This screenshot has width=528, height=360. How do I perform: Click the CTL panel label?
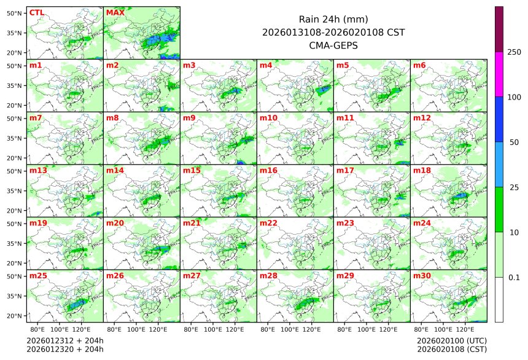pyautogui.click(x=36, y=12)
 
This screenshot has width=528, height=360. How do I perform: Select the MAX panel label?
pyautogui.click(x=115, y=12)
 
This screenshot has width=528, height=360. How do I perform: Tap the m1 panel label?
pyautogui.click(x=36, y=65)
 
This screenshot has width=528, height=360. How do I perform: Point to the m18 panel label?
pyautogui.click(x=421, y=170)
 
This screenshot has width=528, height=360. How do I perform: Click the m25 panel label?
pyautogui.click(x=37, y=276)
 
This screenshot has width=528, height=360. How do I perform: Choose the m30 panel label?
pyautogui.click(x=421, y=276)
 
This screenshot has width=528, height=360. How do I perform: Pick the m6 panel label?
pyautogui.click(x=419, y=65)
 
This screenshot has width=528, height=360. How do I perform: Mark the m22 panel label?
pyautogui.click(x=268, y=223)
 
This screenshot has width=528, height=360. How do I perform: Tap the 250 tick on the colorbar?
pyautogui.click(x=514, y=52)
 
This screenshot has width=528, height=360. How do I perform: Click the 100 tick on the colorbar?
pyautogui.click(x=514, y=97)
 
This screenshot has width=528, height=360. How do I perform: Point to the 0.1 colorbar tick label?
pyautogui.click(x=514, y=277)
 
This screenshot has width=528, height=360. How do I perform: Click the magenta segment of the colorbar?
pyautogui.click(x=499, y=74)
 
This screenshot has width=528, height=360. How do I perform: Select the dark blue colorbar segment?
pyautogui.click(x=499, y=119)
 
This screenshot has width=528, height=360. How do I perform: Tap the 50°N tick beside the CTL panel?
pyautogui.click(x=15, y=12)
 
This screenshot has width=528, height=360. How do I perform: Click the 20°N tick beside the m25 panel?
pyautogui.click(x=15, y=316)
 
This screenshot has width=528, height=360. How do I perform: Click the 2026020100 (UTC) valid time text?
pyautogui.click(x=451, y=340)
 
